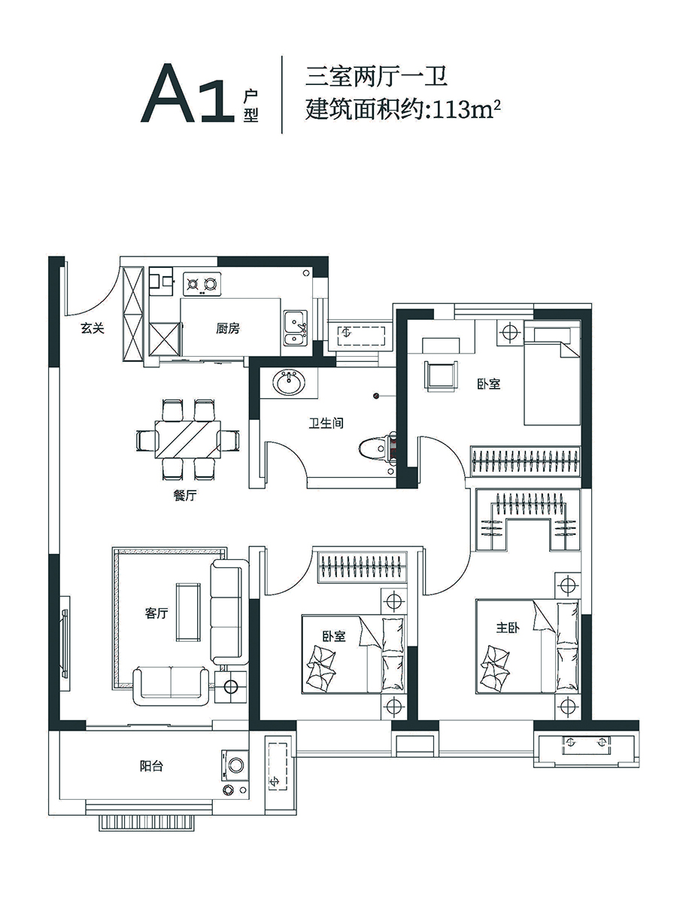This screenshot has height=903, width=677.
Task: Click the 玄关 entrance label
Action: coord(93,328)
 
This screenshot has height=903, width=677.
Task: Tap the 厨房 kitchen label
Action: coord(228,328)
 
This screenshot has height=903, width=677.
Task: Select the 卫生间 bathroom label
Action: coord(326,423)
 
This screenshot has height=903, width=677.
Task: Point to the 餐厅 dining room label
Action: coord(185,495)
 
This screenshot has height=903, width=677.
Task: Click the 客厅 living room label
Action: coord(156,613)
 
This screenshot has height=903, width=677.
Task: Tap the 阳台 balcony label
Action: coord(151,766)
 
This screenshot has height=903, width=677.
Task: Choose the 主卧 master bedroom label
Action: coord(508,628)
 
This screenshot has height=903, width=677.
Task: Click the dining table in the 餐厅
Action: coord(188,439)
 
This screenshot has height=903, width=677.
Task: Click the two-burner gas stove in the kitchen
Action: coord(202,284)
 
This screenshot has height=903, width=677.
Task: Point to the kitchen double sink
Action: coord(296,333)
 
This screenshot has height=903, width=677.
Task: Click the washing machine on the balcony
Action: coord(235,765)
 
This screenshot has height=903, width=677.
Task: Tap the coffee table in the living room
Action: coord(189,612)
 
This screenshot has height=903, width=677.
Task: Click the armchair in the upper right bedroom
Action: coord(441,376)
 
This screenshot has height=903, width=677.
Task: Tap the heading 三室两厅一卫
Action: coord(375,78)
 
